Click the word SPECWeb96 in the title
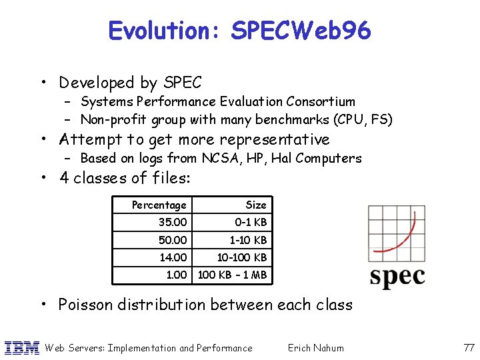point(301,31)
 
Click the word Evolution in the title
point(167,31)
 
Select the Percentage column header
point(159,205)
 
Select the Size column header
point(255,205)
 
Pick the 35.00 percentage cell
point(173,222)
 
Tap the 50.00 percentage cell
point(173,239)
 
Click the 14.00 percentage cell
point(173,257)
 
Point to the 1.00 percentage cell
point(176,274)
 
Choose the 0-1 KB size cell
point(251,222)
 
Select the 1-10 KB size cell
point(248,239)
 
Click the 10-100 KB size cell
point(243,257)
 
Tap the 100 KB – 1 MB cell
point(232,274)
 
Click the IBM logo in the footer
point(22,347)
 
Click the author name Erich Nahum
point(315,347)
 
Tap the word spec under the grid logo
point(397,275)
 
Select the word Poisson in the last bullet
point(85,305)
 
